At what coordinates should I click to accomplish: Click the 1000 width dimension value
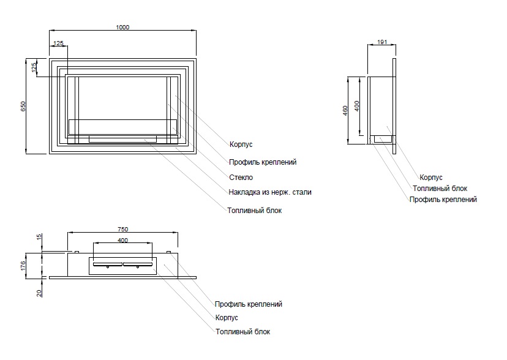[x=122, y=26]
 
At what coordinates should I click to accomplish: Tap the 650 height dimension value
[x=24, y=105]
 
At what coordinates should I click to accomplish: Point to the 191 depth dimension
[x=381, y=42]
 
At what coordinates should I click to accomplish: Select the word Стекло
[x=241, y=178]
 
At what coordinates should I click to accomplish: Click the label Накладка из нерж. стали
[x=269, y=192]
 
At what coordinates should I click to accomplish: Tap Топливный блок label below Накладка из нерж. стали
[x=255, y=210]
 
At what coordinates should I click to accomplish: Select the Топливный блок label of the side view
[x=440, y=189]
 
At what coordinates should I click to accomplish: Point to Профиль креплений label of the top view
[x=248, y=304]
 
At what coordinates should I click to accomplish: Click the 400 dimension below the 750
[x=122, y=241]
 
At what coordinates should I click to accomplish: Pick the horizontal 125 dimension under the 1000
[x=58, y=43]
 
